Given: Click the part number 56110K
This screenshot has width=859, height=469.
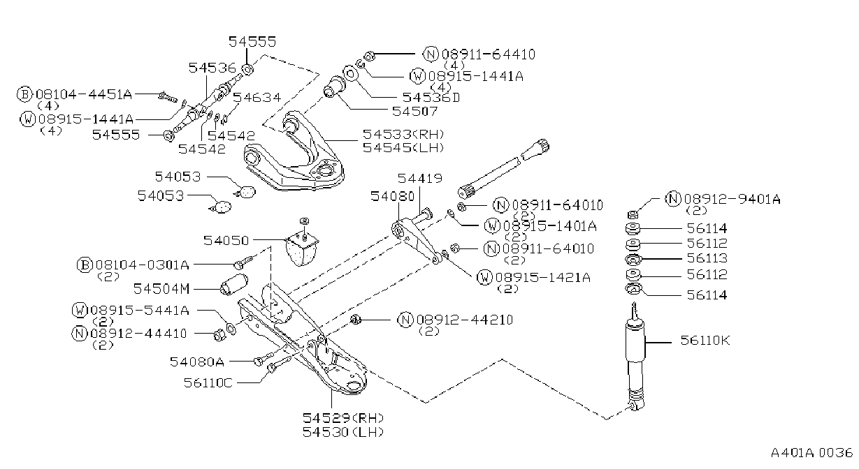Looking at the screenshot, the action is pos(705,340).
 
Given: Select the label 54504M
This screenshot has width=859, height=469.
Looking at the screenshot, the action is pos(161,289).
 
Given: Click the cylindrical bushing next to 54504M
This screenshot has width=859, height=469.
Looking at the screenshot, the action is pos(234,285).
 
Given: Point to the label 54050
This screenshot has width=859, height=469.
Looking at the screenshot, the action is pos(226,241).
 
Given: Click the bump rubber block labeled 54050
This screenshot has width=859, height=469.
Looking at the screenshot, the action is pos(303,247).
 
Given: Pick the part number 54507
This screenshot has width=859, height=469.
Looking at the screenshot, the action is pos(414,111).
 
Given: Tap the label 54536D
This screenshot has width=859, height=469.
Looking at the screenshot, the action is pos(431,97).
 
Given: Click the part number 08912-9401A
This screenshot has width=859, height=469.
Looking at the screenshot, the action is pos(732,199).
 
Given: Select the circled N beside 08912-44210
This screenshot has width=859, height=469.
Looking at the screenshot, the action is pos(405,320).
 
